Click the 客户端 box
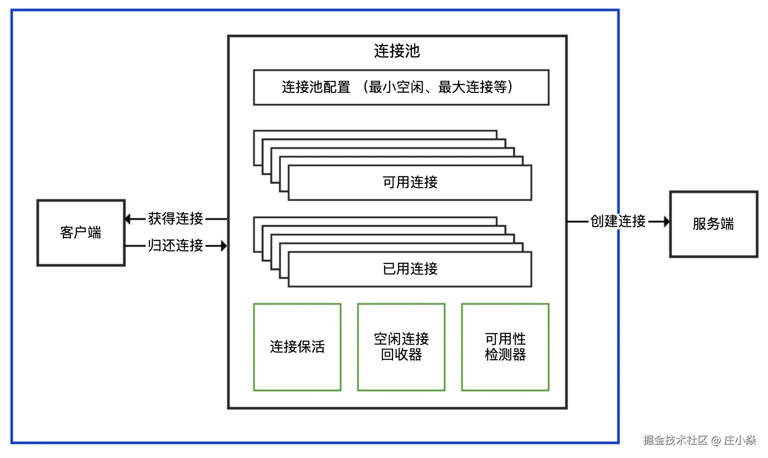click(81, 233)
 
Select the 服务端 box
click(713, 224)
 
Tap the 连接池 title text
click(397, 51)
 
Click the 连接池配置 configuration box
click(401, 87)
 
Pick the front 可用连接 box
click(410, 182)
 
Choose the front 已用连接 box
click(410, 269)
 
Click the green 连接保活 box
click(297, 347)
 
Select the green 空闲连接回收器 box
click(401, 347)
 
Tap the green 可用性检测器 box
click(505, 347)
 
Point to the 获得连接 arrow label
click(176, 219)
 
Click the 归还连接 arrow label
click(176, 245)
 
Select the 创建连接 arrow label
click(618, 221)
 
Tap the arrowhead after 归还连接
click(224, 246)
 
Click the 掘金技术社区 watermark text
click(675, 440)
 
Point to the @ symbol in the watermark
click(716, 441)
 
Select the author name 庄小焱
click(740, 440)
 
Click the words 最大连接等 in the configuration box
click(472, 87)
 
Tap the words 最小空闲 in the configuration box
click(396, 87)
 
